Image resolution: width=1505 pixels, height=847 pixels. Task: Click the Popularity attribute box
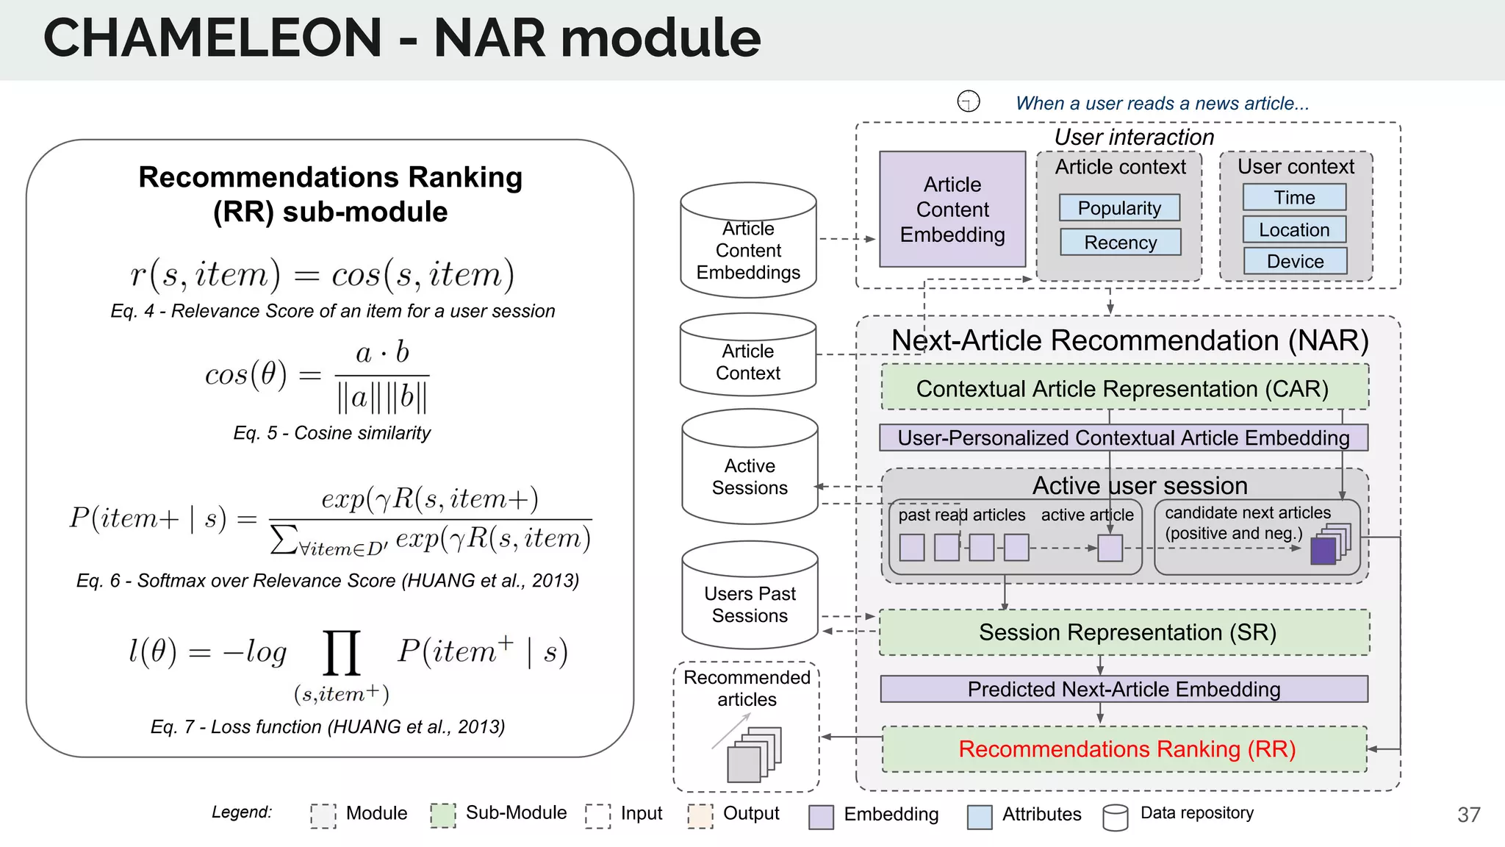click(x=1119, y=208)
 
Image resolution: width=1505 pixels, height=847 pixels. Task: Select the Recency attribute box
click(x=1120, y=242)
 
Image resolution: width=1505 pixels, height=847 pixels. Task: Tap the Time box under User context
click(x=1294, y=197)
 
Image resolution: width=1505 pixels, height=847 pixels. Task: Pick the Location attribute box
click(x=1294, y=229)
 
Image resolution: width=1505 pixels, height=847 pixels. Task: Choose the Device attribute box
click(x=1295, y=261)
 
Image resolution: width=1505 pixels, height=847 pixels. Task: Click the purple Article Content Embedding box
click(x=952, y=210)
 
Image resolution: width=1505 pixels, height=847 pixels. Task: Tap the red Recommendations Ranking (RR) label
click(x=1127, y=748)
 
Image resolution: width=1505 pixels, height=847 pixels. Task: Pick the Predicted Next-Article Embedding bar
click(x=1124, y=689)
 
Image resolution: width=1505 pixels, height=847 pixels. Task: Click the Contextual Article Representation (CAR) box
click(x=1124, y=388)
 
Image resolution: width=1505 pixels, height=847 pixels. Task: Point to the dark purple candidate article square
click(x=1323, y=551)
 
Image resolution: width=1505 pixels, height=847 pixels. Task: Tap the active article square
click(x=1110, y=548)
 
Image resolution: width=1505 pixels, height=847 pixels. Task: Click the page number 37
click(x=1468, y=815)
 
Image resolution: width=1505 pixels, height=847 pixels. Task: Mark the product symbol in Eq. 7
click(x=342, y=652)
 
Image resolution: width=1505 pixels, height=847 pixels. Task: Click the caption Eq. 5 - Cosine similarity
click(x=331, y=432)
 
